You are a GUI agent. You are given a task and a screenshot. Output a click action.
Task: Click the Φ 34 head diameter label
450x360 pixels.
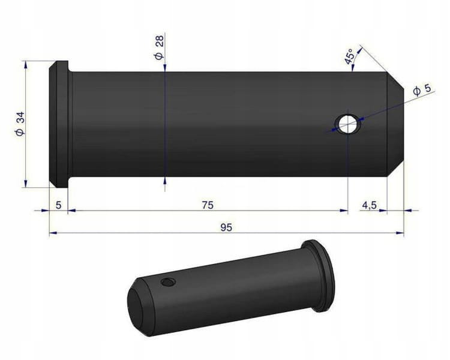point(20,124)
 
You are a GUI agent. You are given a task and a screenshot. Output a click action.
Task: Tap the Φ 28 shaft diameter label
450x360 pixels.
point(159,47)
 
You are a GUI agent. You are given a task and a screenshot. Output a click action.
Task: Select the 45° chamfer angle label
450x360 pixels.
point(350,56)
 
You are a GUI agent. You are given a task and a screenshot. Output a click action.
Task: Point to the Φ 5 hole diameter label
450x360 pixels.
point(422,89)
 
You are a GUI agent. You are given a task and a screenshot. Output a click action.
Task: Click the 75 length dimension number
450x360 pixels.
point(208,205)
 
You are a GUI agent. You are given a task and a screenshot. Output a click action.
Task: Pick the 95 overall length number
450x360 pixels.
point(226,227)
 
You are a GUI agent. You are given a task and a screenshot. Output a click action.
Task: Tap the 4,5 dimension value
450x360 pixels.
point(370,206)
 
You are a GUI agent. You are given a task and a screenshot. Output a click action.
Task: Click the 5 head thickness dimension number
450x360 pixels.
point(59,205)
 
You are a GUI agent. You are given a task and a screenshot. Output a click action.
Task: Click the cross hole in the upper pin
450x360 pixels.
point(348,124)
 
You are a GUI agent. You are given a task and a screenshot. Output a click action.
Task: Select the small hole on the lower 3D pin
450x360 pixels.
point(167,282)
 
